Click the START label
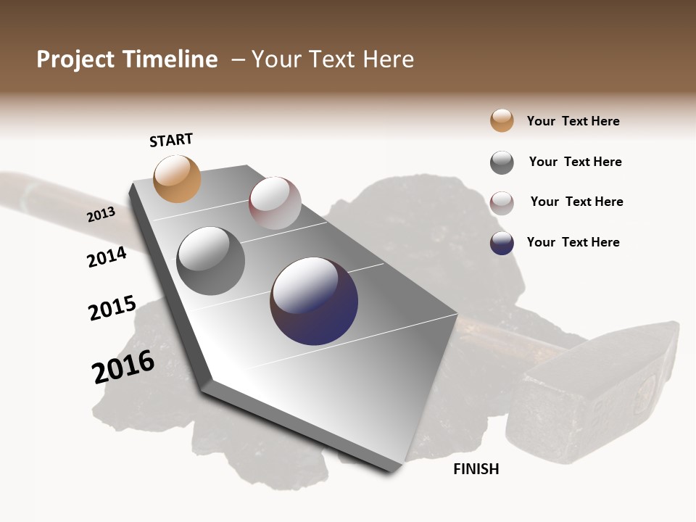tap(171, 140)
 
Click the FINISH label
tap(476, 469)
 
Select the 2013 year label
tap(101, 215)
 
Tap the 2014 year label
tap(107, 257)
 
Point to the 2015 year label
tap(112, 308)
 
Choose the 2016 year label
tap(123, 367)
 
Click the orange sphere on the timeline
tap(178, 178)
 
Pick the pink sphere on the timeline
tap(275, 203)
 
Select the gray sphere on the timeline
tap(211, 261)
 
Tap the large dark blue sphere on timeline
tap(314, 301)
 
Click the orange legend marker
tap(502, 120)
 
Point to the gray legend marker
tap(502, 162)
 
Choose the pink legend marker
tap(502, 203)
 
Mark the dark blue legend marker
tap(502, 243)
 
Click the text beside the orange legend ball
tap(573, 121)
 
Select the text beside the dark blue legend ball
tap(573, 242)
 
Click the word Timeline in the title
tap(170, 59)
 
